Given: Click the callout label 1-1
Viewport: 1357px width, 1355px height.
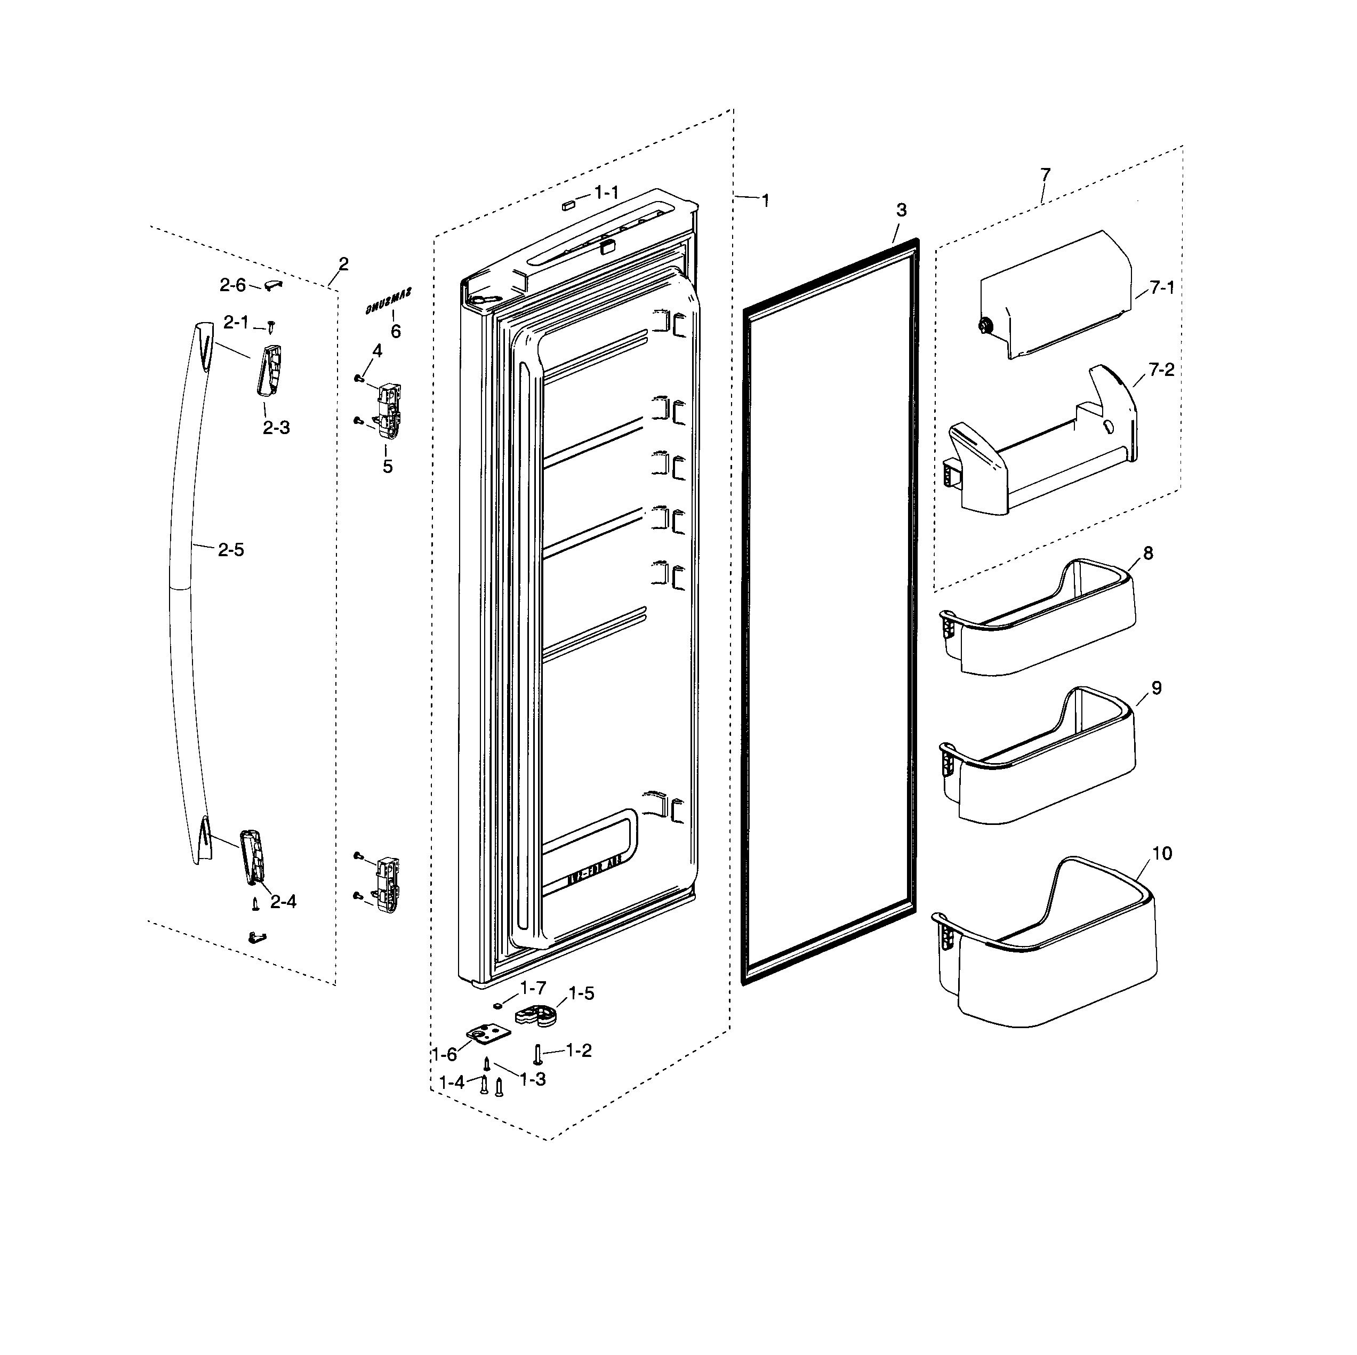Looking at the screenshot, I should [x=606, y=192].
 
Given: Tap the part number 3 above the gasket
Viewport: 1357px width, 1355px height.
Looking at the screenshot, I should [x=901, y=210].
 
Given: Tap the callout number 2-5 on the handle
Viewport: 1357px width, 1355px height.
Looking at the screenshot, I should [x=230, y=549].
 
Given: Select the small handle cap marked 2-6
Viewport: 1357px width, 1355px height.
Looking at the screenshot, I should [x=273, y=283].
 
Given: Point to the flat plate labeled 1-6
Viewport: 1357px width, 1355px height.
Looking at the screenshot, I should [x=486, y=1033].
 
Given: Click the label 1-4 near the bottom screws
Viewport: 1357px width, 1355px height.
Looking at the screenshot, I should [x=452, y=1083].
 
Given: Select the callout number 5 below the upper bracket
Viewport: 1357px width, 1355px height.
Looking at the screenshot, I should [x=388, y=467].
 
